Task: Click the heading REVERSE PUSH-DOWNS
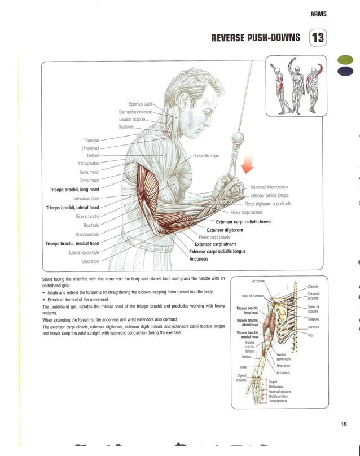coord(255,39)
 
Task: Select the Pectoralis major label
coord(206,155)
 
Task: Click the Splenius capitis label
coord(141,103)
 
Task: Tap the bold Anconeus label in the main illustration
coord(199,259)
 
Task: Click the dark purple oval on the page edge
coord(344,71)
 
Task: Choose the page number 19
coord(344,424)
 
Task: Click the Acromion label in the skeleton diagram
coord(256,281)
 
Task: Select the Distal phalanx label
coord(279,400)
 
